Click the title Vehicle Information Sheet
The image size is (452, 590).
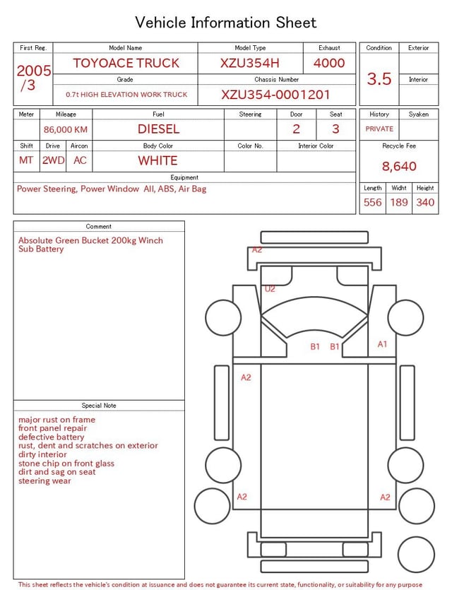tap(226, 23)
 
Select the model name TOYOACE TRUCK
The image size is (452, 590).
tap(126, 63)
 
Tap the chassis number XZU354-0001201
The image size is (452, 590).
tap(275, 95)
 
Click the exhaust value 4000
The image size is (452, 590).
tap(329, 63)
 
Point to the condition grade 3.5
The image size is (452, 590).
tap(379, 79)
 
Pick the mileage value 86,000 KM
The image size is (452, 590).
tap(66, 130)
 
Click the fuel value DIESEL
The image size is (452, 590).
tap(158, 129)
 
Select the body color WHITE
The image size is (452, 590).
tap(157, 160)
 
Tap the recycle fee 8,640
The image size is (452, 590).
tap(399, 167)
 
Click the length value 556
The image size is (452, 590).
tap(372, 203)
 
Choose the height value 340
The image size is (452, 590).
tap(425, 203)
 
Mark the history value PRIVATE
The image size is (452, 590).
tap(379, 129)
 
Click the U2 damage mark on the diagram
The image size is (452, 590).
tap(270, 289)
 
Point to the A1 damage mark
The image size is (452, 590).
tap(382, 344)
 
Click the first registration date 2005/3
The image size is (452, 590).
tap(33, 78)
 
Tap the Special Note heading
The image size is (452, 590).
tap(99, 406)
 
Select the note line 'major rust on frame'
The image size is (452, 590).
tap(56, 420)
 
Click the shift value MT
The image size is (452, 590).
tap(26, 160)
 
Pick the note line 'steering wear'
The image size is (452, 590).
tap(44, 481)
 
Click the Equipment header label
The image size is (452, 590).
tap(184, 177)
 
